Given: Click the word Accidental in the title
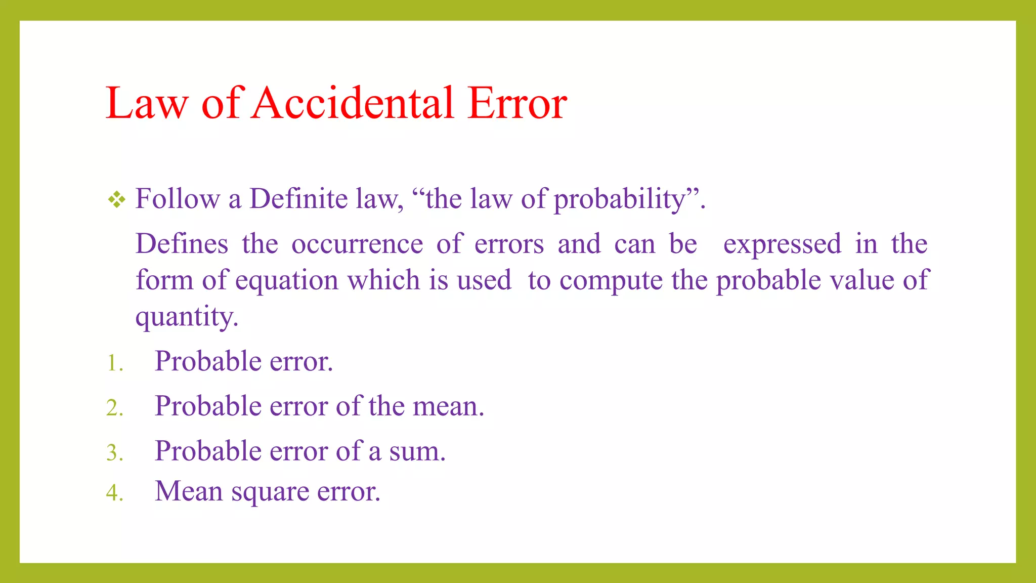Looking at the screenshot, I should tap(353, 103).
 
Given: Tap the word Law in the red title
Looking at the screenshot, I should tap(147, 103).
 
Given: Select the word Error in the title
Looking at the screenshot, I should tap(516, 103).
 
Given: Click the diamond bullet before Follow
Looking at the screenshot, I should tap(116, 199).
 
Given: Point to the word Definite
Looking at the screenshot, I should tap(298, 198).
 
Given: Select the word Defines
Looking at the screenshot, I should tap(182, 244).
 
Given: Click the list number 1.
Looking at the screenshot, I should tap(114, 363).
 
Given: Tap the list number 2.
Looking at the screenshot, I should tap(114, 408).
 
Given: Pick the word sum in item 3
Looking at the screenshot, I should tap(416, 452).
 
